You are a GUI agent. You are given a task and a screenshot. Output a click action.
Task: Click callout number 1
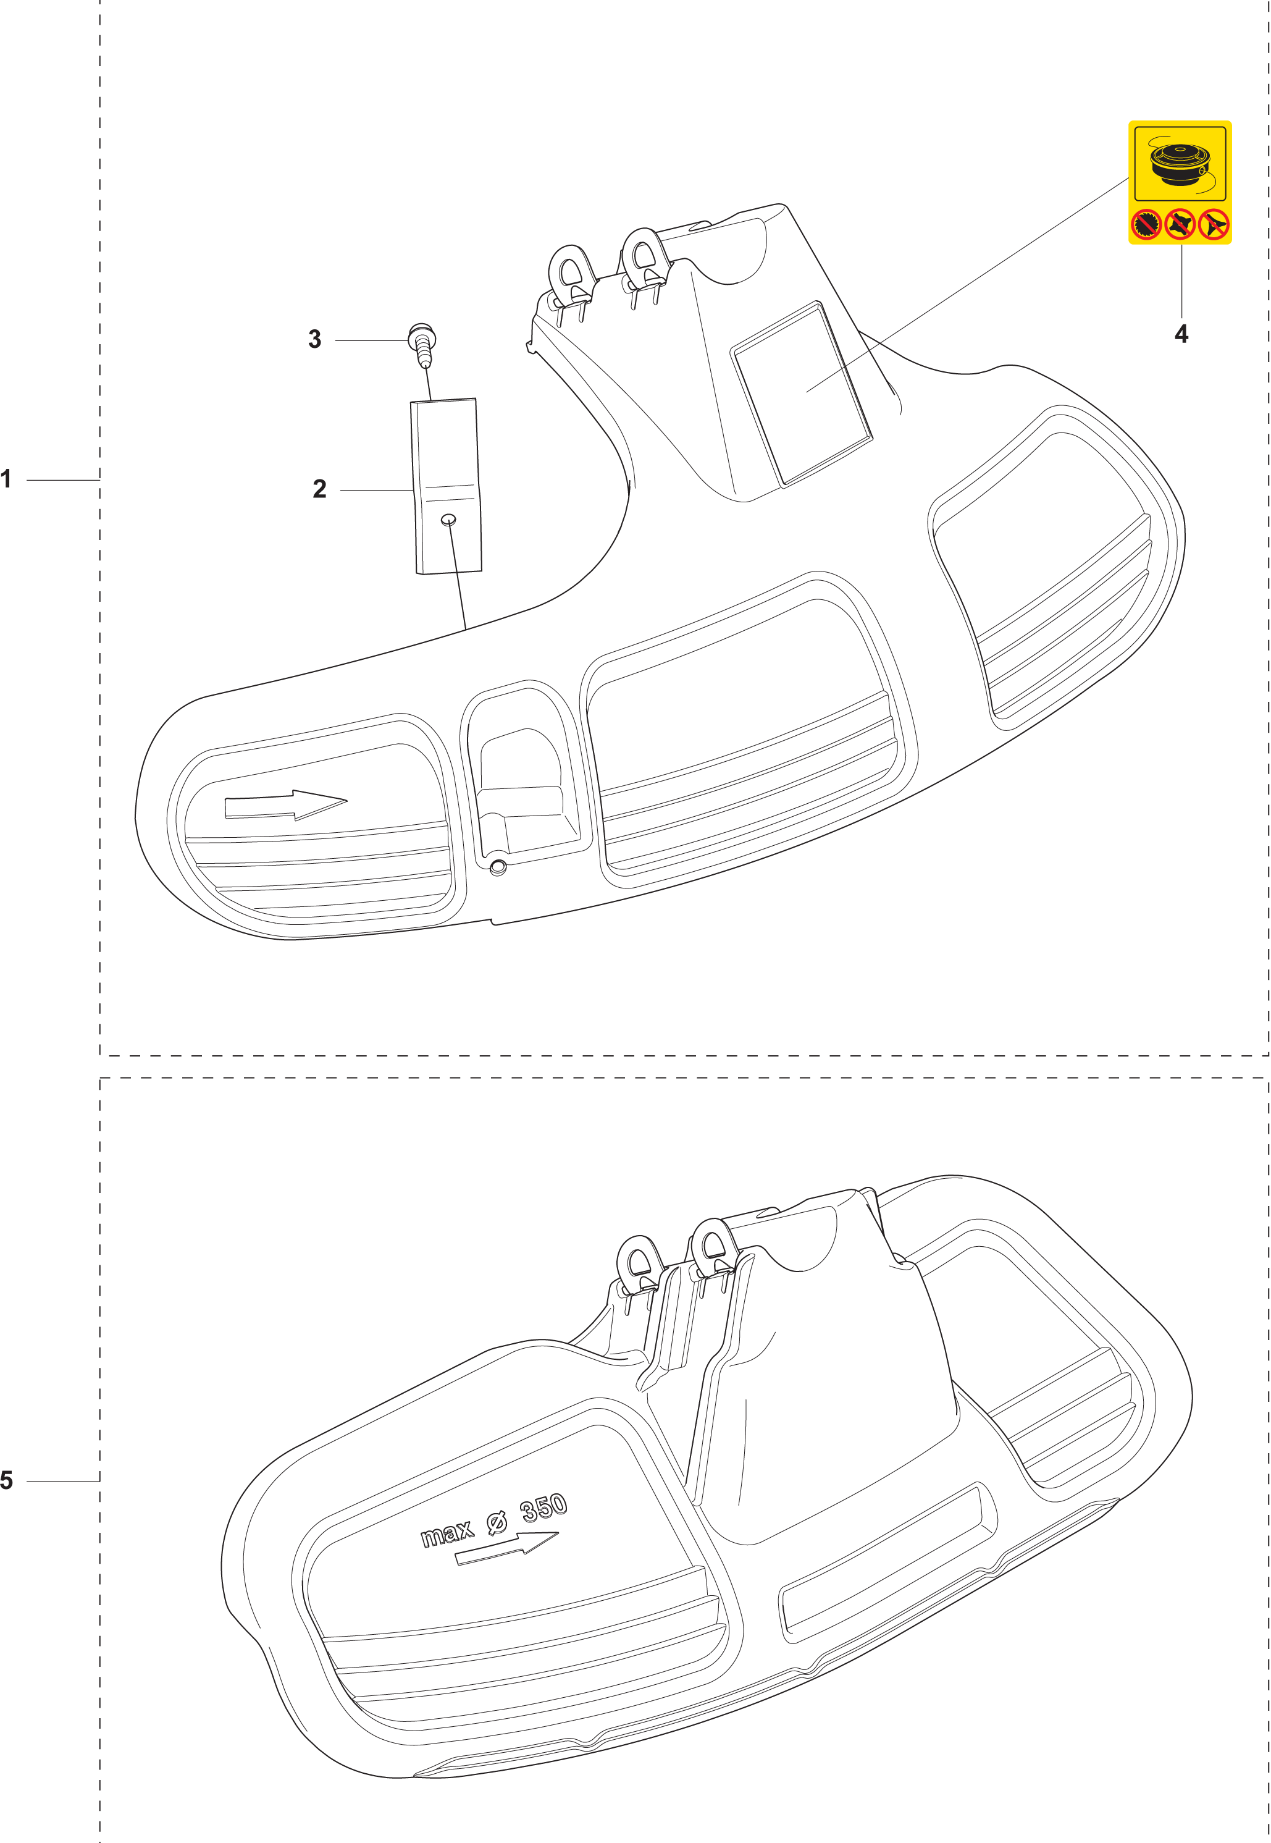click(6, 479)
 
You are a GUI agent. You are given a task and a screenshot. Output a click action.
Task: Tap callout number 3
click(314, 339)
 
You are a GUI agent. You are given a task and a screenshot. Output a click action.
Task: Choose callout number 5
click(6, 1480)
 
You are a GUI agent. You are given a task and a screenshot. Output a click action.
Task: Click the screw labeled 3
click(422, 344)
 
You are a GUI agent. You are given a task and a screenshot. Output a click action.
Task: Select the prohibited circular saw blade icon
click(1147, 226)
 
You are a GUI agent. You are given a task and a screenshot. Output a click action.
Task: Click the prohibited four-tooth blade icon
click(1180, 226)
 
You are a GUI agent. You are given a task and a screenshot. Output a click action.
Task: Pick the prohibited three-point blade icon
click(1214, 226)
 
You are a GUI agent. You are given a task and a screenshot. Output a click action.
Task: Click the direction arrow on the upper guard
click(285, 804)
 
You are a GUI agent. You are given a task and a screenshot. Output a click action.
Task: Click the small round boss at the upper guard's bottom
click(498, 867)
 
